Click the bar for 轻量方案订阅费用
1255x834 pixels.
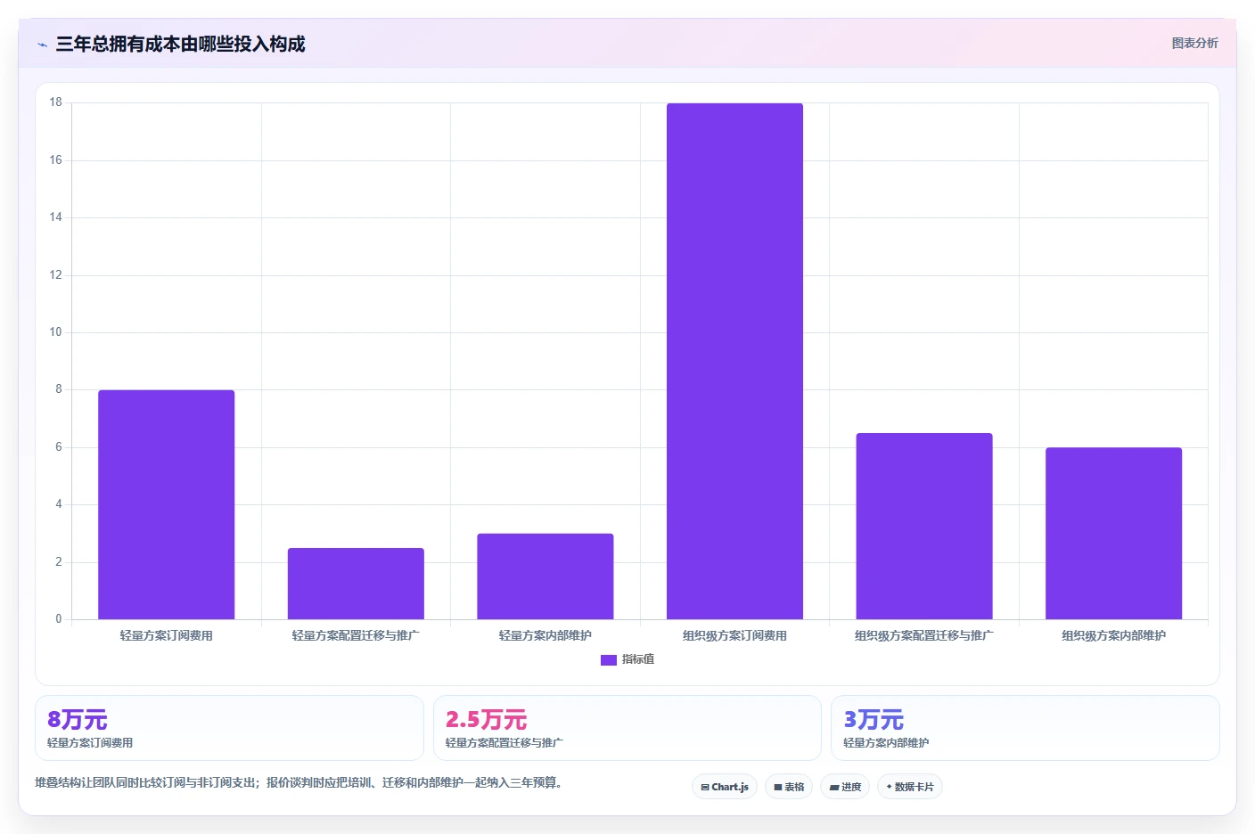click(x=167, y=504)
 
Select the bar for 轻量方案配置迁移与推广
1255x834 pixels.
click(x=356, y=584)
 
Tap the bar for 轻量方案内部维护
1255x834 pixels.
click(x=545, y=576)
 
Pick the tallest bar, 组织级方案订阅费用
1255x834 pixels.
click(x=734, y=361)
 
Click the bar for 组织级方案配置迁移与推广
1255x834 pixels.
click(x=924, y=526)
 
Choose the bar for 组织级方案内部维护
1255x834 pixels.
click(x=1114, y=533)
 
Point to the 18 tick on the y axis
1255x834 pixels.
click(x=55, y=102)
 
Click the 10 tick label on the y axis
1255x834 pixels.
click(x=55, y=332)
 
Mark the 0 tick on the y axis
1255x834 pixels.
click(x=58, y=619)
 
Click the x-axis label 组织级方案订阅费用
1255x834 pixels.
click(x=734, y=635)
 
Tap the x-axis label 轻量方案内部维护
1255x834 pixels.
click(x=545, y=635)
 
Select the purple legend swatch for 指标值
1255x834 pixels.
click(x=609, y=660)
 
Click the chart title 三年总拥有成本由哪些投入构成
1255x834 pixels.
click(x=180, y=44)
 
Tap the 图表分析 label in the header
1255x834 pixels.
click(x=1194, y=43)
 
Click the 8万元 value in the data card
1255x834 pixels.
click(x=78, y=720)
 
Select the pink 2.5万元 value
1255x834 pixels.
click(x=486, y=720)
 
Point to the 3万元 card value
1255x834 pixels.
click(x=874, y=720)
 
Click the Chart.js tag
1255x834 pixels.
click(x=725, y=787)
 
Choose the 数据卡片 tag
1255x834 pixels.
click(x=910, y=787)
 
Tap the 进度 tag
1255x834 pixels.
click(x=845, y=787)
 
